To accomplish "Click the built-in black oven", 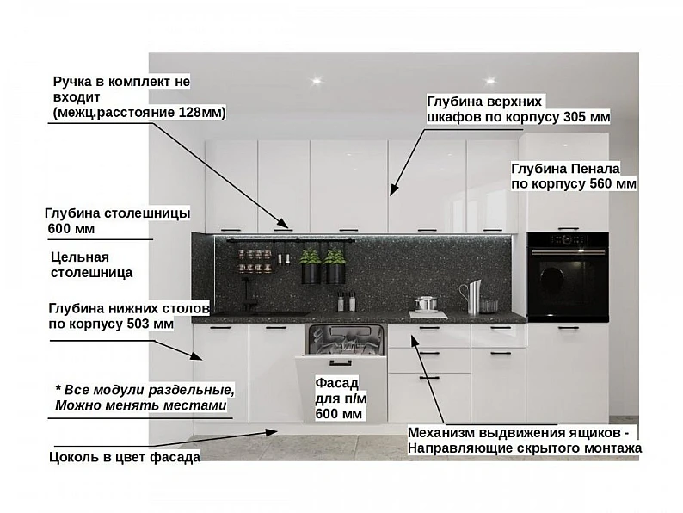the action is [x=567, y=277].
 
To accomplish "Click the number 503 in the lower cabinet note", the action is [x=139, y=324].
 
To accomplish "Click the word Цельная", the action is [x=80, y=257].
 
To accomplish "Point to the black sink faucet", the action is [x=248, y=294].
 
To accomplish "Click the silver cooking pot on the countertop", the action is [x=425, y=303].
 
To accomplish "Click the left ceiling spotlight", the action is [x=317, y=81].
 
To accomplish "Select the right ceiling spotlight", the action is [x=490, y=81].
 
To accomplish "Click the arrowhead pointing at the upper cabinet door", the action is [x=393, y=189].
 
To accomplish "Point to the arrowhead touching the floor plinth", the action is [x=272, y=431].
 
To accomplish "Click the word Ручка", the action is [x=72, y=82].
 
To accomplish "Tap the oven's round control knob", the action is [x=566, y=239].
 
